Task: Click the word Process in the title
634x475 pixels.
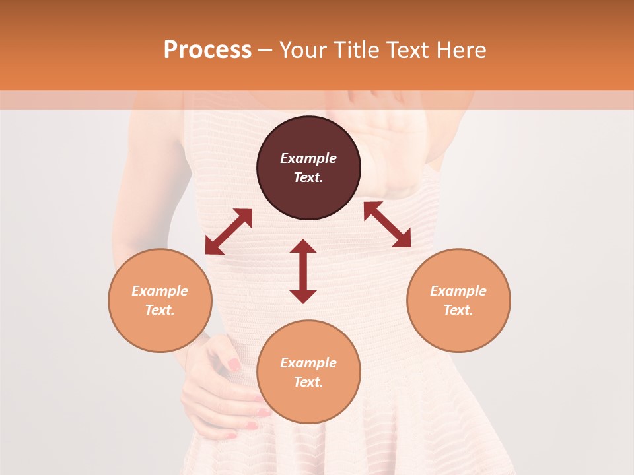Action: pos(207,50)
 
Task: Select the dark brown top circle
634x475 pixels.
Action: pos(308,168)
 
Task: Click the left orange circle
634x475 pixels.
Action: pos(160,300)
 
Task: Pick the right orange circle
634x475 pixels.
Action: pos(458,300)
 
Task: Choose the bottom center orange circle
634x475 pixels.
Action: pos(308,371)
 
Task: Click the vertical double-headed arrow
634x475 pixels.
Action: pos(303,271)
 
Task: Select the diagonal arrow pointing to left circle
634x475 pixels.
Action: pos(229,232)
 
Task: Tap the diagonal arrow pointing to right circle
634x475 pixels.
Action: pos(387,224)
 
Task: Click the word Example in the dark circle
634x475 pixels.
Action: pos(308,158)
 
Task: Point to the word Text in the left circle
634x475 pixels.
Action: pos(159,310)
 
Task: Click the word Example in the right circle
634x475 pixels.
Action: pos(458,291)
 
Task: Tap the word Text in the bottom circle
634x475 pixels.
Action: pos(308,382)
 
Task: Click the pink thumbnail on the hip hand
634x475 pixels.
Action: pos(234,364)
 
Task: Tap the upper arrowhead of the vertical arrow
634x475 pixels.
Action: pos(303,246)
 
